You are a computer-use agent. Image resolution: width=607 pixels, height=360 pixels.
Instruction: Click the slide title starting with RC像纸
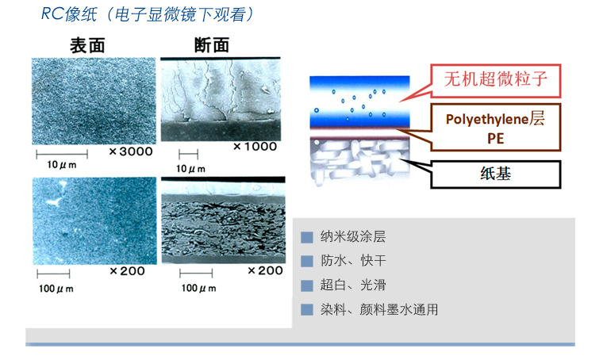148,15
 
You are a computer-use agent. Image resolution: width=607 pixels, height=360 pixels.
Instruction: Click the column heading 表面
87,46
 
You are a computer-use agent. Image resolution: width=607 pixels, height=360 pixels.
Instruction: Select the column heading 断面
212,45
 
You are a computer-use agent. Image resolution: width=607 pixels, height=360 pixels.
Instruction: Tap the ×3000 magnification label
131,151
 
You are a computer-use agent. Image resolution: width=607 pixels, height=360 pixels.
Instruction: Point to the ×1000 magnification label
255,146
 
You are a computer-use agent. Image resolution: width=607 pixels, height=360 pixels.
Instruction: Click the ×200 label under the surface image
127,271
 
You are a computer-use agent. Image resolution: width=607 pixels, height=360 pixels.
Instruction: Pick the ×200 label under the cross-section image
265,270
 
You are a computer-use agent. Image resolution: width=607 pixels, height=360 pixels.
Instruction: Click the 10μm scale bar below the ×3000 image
62,155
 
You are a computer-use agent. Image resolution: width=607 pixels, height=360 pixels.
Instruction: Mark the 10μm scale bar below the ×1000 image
189,155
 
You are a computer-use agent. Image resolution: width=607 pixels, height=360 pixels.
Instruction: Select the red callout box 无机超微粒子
495,80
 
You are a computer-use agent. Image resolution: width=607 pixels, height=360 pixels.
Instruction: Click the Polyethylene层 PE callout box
495,127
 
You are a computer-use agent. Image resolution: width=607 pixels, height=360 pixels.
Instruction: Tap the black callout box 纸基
495,174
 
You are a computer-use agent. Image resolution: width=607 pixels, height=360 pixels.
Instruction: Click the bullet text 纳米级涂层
353,236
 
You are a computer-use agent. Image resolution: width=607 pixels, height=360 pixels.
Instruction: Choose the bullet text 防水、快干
353,261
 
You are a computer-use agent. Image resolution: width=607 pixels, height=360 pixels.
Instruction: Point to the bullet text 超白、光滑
353,285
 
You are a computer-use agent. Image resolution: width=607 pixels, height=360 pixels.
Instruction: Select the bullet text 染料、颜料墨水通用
379,309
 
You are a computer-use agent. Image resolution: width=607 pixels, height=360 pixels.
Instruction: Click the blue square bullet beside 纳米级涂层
307,237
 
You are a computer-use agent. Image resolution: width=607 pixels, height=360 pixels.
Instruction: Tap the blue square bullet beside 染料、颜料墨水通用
307,310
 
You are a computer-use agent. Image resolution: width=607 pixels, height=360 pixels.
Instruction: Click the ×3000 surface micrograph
94,101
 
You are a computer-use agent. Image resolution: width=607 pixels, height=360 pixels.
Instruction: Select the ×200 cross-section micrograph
224,220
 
